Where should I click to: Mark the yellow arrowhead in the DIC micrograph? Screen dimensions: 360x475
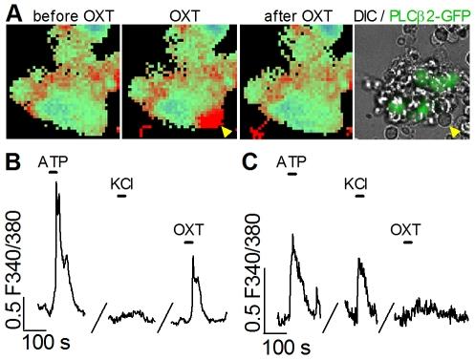coord(455,130)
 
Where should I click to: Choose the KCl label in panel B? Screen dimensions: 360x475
coord(120,186)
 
